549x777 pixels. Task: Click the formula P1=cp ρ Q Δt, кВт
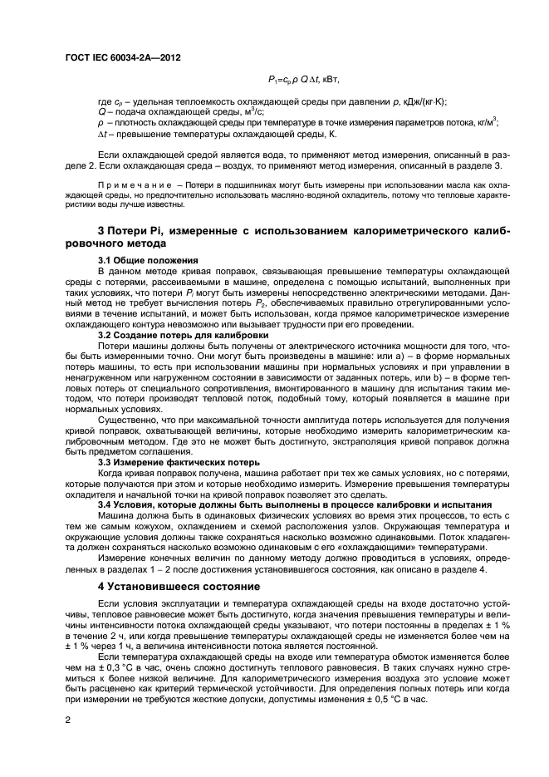pyautogui.click(x=305, y=80)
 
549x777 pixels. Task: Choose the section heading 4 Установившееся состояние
pyautogui.click(x=179, y=586)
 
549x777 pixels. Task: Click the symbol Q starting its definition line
pyautogui.click(x=101, y=112)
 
